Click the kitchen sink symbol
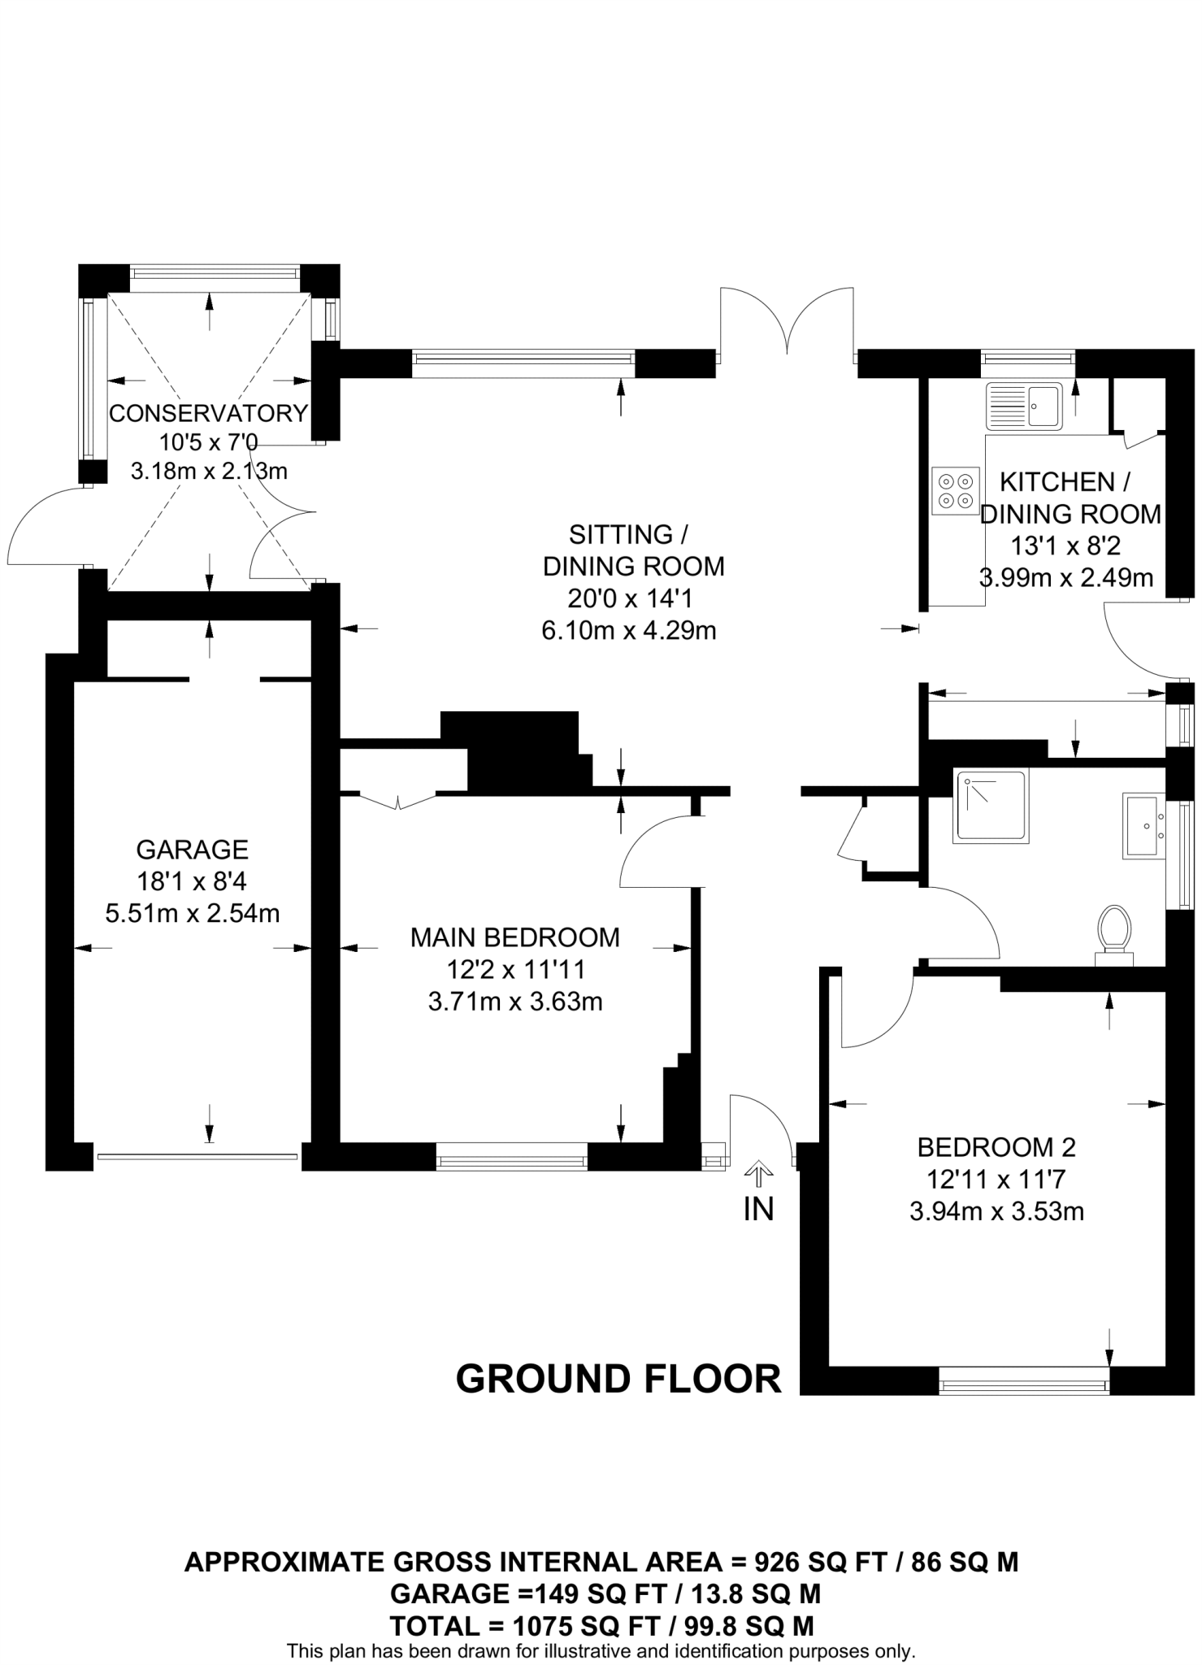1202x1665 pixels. pyautogui.click(x=1023, y=405)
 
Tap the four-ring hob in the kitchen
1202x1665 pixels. pyautogui.click(x=955, y=491)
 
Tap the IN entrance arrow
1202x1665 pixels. pyautogui.click(x=759, y=1174)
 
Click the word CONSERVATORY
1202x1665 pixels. pyautogui.click(x=209, y=413)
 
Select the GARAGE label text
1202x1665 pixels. pyautogui.click(x=192, y=850)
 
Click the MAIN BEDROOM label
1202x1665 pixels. pyautogui.click(x=514, y=937)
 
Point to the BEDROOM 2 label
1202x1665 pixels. pyautogui.click(x=996, y=1147)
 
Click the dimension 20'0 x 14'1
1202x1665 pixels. pyautogui.click(x=629, y=598)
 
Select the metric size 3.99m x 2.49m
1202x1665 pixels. pyautogui.click(x=1065, y=578)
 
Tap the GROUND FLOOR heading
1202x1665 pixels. pyautogui.click(x=618, y=1380)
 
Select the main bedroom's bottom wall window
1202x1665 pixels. pyautogui.click(x=511, y=1155)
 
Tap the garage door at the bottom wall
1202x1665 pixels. pyautogui.click(x=197, y=1155)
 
